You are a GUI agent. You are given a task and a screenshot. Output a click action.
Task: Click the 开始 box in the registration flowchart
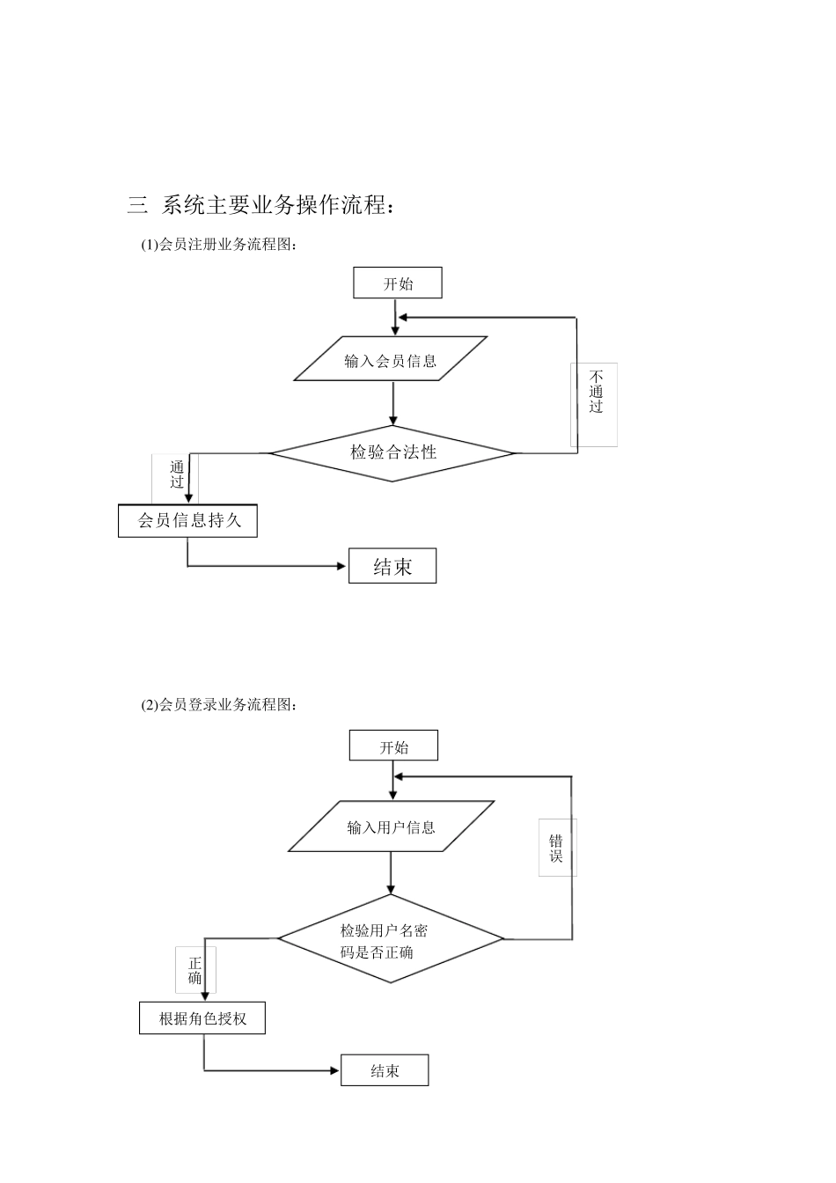[397, 283]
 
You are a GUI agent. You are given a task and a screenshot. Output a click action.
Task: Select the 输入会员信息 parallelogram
[391, 359]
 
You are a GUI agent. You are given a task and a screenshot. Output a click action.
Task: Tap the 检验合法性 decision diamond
[392, 453]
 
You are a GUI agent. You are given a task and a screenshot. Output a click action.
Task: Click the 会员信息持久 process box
[188, 520]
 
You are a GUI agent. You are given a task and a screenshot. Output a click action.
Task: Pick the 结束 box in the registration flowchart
[392, 567]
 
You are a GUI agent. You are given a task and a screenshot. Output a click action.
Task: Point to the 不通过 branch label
[596, 393]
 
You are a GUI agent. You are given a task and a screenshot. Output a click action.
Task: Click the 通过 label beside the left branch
[178, 474]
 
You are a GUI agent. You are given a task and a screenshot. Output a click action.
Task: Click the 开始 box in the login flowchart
[393, 747]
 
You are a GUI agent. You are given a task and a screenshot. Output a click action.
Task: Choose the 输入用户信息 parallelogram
[391, 827]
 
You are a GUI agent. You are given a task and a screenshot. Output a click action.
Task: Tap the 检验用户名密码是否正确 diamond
[391, 940]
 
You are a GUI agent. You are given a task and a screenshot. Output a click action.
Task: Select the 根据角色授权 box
[202, 1019]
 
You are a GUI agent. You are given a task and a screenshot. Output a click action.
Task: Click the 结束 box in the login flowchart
[385, 1070]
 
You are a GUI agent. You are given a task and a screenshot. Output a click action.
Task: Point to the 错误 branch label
[556, 848]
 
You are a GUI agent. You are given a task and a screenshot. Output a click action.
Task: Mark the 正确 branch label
[195, 970]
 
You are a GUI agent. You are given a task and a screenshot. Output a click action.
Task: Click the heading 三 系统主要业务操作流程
[260, 205]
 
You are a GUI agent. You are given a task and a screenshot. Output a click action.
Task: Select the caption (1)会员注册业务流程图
[219, 246]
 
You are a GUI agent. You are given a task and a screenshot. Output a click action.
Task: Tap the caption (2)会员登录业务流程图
[219, 705]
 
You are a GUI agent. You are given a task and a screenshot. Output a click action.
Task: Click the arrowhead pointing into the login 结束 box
[334, 1070]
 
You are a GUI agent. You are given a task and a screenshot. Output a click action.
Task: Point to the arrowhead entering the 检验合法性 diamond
[392, 420]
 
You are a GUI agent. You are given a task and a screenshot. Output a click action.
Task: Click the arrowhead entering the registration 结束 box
[342, 566]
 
